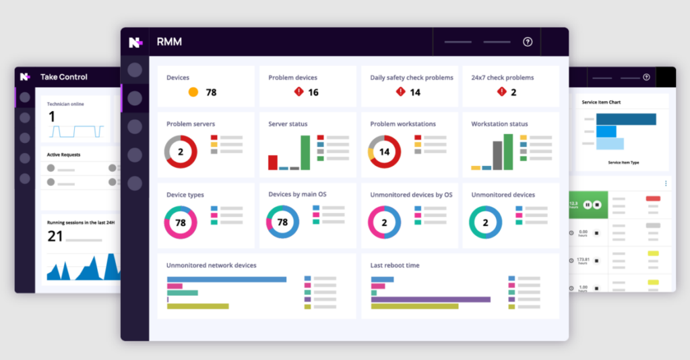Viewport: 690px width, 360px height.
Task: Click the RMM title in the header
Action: tap(169, 42)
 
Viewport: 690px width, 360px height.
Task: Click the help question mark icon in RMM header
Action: tap(528, 42)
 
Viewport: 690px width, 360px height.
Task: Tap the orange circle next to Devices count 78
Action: tap(193, 92)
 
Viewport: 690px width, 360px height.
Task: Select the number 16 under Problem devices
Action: tap(313, 92)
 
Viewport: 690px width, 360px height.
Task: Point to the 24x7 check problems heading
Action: tap(502, 78)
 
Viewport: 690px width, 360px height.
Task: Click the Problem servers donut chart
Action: tap(181, 152)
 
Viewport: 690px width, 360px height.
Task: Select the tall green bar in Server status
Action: tap(305, 153)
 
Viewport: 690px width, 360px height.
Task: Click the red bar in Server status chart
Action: tap(273, 162)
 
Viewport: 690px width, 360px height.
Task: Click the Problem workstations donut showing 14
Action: tap(384, 152)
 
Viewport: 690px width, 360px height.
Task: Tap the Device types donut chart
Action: tap(181, 222)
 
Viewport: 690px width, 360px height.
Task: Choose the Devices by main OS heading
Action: tap(298, 195)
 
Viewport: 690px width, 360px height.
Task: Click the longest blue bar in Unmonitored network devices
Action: tap(226, 279)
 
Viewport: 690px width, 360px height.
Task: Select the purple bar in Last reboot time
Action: tap(431, 299)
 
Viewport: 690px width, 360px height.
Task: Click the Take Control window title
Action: tap(64, 77)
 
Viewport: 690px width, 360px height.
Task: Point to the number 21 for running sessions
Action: tap(55, 236)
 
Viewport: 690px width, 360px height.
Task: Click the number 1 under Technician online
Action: tap(51, 117)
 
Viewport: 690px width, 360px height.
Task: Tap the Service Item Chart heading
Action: tap(601, 102)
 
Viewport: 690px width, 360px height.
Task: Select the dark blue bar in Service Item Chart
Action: tap(627, 119)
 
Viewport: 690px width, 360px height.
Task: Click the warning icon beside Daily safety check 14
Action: tap(400, 92)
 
